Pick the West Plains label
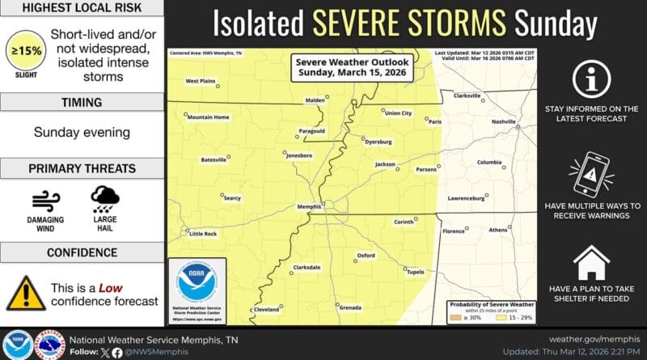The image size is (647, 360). pyautogui.click(x=201, y=81)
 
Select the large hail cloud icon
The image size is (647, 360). pyautogui.click(x=105, y=198)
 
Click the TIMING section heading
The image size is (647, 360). pyautogui.click(x=80, y=103)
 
